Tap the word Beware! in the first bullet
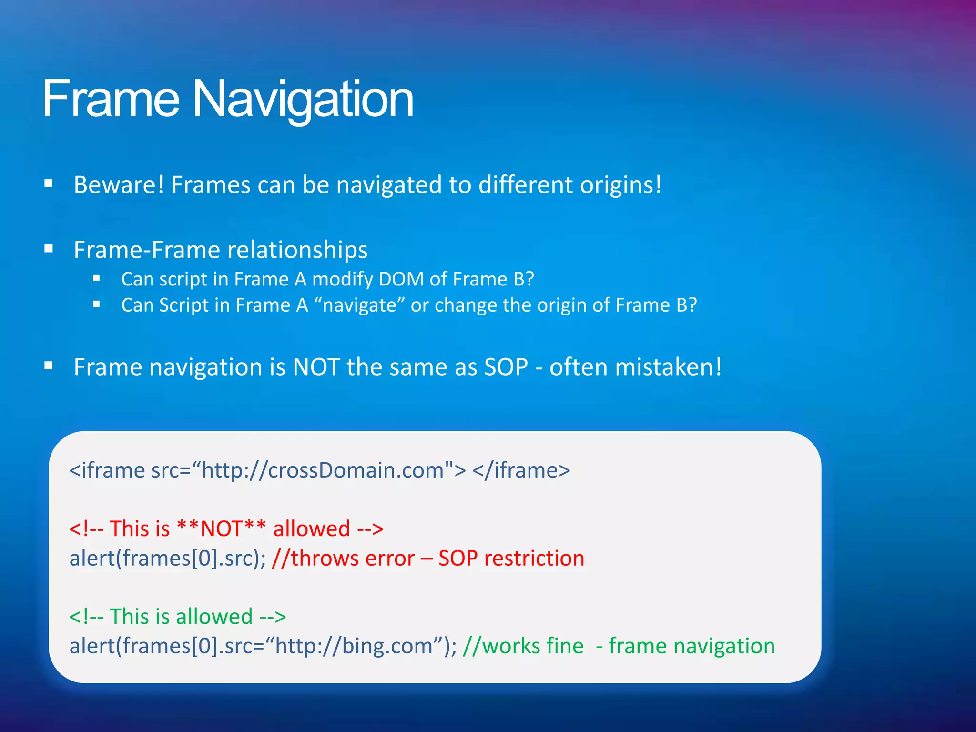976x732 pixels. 119,185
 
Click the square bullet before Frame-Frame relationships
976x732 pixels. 48,248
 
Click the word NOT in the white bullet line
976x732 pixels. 316,367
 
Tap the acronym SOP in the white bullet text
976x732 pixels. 506,367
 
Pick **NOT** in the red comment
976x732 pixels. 221,529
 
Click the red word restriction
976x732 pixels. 534,559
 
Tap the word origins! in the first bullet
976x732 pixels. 621,185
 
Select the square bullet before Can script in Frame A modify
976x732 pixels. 97,278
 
